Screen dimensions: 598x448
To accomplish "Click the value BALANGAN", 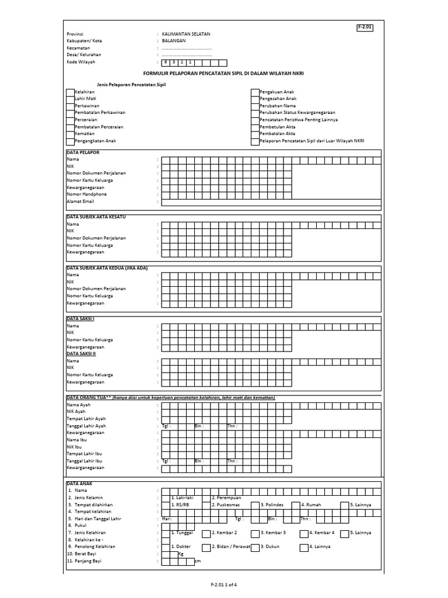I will pos(174,41).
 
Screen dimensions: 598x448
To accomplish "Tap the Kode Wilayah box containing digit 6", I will pos(166,62).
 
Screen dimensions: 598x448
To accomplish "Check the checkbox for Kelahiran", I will pos(70,92).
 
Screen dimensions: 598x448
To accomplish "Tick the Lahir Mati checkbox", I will pos(70,99).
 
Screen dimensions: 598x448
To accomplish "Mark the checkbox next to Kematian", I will pos(70,134).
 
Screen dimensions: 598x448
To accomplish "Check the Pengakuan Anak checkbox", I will pos(255,92).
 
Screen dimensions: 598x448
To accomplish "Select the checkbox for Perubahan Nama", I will pos(255,106).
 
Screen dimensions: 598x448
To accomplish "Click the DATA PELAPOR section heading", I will pos(83,152).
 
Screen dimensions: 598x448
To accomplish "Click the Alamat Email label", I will pos(80,201).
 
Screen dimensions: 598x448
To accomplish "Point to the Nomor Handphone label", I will pos(86,194).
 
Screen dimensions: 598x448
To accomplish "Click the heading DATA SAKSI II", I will pos(81,354).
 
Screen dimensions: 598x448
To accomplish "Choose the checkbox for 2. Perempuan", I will pos(206,498).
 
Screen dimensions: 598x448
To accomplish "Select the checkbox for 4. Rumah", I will pos(296,505).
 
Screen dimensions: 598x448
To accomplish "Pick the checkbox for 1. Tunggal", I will pos(166,533).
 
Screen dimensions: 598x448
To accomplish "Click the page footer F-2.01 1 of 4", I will pos(224,585).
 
